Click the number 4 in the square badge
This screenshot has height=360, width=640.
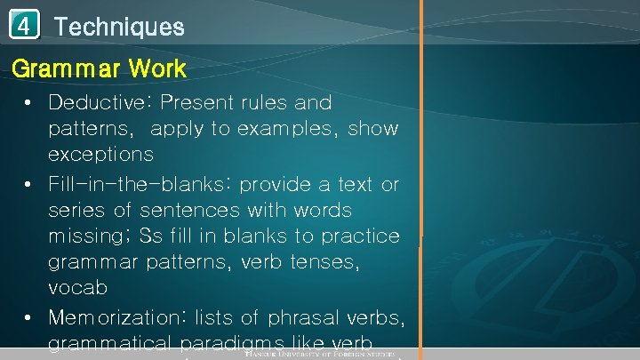[24, 27]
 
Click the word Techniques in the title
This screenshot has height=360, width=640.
[119, 27]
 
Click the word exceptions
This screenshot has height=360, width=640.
[100, 155]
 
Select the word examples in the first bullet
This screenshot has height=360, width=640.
[287, 129]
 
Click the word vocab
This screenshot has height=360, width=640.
[77, 289]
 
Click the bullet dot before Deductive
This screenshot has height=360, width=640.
[29, 104]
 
